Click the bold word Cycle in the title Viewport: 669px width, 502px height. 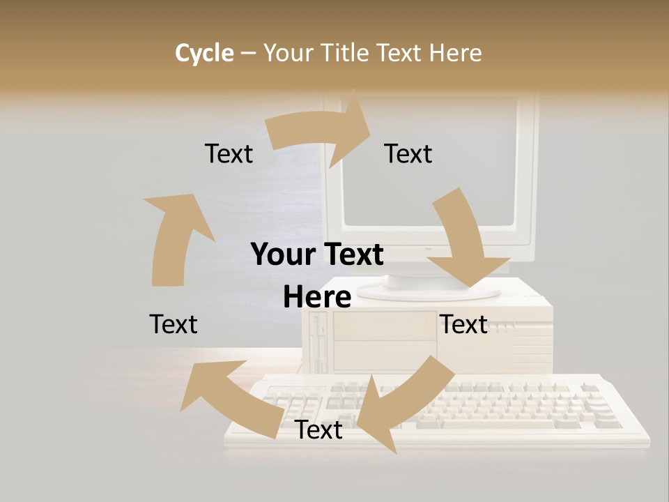[204, 53]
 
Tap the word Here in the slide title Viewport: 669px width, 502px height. [455, 53]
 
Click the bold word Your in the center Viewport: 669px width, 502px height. [282, 255]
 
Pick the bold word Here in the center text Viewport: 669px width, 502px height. [316, 298]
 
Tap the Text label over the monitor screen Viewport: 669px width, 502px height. [408, 153]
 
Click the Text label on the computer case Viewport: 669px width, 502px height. [463, 324]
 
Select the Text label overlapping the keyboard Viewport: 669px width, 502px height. [318, 430]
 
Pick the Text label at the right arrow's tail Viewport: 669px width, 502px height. [229, 153]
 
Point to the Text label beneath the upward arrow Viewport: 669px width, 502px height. [174, 324]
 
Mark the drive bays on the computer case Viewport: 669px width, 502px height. [383, 342]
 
